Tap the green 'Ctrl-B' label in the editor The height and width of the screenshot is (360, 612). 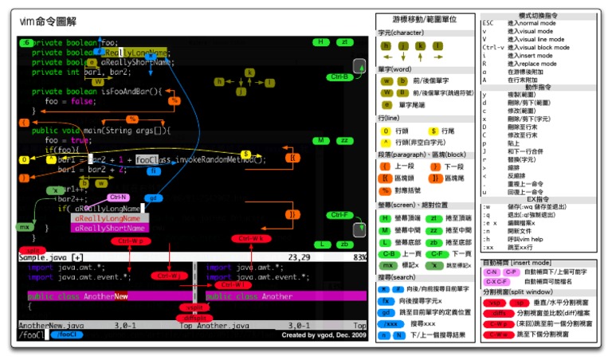click(x=340, y=77)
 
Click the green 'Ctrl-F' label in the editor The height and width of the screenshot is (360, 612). click(x=340, y=215)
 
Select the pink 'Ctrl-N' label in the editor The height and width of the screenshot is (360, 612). click(x=119, y=197)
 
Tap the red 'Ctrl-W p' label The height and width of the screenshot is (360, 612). click(x=130, y=241)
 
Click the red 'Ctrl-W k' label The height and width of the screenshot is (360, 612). click(x=249, y=238)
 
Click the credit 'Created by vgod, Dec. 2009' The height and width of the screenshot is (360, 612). click(x=323, y=335)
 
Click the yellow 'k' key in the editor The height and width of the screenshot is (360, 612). click(x=249, y=72)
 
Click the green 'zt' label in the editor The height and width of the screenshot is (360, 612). click(x=344, y=41)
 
